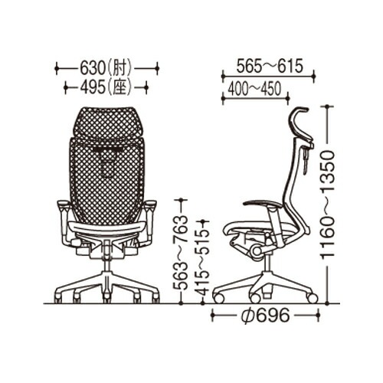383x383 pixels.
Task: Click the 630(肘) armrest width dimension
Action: (x=106, y=68)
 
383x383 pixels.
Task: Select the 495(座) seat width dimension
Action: (x=106, y=87)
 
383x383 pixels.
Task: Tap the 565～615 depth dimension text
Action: (x=270, y=66)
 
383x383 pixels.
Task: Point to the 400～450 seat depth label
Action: (x=254, y=89)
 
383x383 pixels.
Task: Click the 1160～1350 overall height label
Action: (x=327, y=205)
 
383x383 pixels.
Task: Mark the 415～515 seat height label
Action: (x=203, y=263)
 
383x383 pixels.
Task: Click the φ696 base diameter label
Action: (x=265, y=316)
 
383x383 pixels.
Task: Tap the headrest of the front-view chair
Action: (x=107, y=123)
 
